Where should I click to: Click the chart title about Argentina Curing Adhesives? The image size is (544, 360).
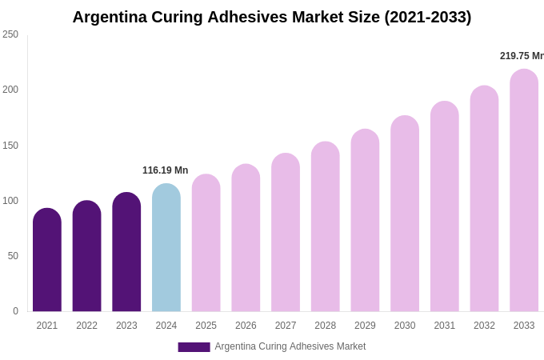coord(272,17)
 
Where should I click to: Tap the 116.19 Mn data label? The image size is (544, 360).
coord(166,170)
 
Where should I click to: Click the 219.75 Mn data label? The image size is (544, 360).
coord(522,56)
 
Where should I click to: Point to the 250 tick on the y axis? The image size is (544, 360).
coord(10,34)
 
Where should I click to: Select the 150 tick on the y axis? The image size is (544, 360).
coord(10,146)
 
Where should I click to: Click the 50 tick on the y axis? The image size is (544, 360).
coord(13,256)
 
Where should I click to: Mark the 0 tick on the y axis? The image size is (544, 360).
coord(15,311)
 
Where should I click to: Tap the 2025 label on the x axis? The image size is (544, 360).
coord(206,326)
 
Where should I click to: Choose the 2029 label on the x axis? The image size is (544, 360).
coord(365,326)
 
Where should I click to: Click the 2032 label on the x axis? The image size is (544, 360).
coord(484,326)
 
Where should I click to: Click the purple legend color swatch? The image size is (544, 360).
coord(194,347)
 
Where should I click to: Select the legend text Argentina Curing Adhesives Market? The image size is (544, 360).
coord(290,346)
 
